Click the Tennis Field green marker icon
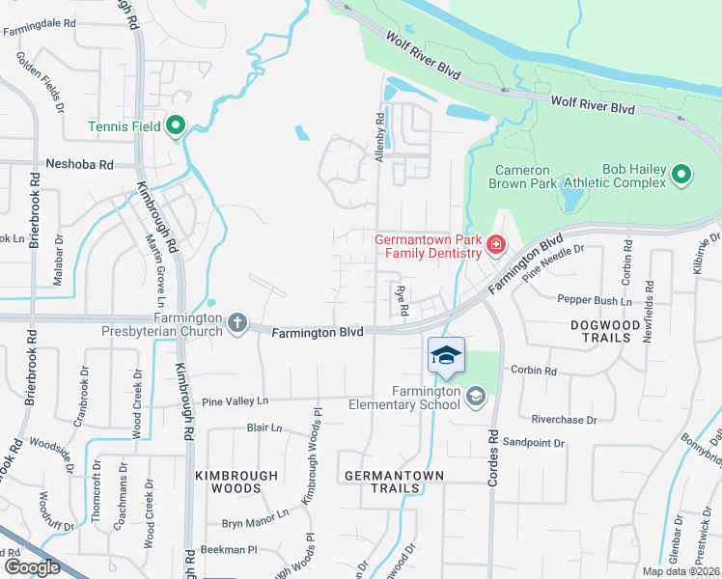(176, 124)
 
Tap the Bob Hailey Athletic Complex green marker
(681, 175)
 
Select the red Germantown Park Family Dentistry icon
(495, 246)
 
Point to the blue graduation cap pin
(446, 355)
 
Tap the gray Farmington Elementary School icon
(475, 396)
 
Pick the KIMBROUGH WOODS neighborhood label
(236, 482)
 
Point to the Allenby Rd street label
(380, 137)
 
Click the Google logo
(31, 566)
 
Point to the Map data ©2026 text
(680, 571)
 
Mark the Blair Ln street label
(264, 427)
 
